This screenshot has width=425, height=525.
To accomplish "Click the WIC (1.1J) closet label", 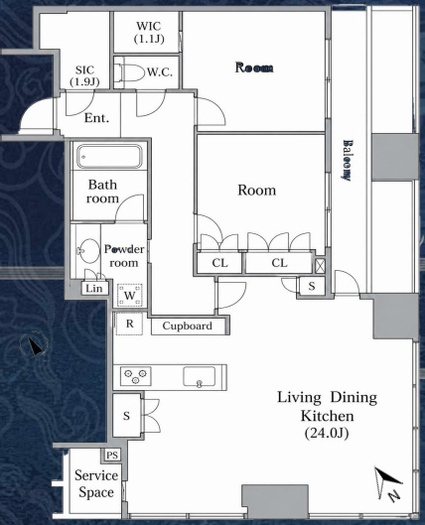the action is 149,33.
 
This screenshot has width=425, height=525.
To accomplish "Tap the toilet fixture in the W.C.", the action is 129,71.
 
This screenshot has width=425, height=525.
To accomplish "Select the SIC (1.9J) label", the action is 84,75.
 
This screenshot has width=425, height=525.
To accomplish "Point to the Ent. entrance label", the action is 96,118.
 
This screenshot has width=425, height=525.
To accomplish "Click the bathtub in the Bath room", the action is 110,156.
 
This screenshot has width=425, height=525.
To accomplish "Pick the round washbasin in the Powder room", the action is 88,250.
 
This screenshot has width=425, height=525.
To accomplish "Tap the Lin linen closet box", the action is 94,288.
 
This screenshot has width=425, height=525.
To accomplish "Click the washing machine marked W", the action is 130,295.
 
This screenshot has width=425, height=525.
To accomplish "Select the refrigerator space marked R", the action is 129,324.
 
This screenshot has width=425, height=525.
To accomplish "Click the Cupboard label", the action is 188,326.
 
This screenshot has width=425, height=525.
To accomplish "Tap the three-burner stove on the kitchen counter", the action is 135,376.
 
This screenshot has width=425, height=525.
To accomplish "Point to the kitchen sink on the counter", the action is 200,377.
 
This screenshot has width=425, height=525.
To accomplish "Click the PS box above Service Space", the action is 112,455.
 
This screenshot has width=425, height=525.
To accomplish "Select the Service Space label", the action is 96,484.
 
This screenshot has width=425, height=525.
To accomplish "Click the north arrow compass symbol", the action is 388,483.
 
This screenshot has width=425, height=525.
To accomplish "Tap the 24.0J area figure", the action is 327,434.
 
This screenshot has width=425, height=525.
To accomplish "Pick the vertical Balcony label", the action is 347,161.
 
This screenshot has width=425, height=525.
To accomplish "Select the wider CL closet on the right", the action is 279,263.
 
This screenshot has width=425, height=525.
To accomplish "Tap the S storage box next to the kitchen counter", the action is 126,416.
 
